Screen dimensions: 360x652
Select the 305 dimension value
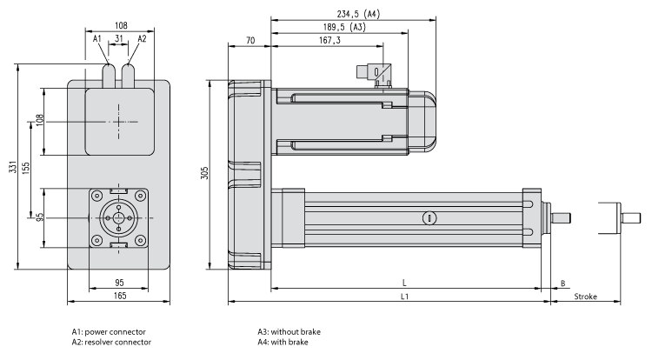[205, 174]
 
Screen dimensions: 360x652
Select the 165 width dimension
[120, 297]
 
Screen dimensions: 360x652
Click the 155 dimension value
[28, 169]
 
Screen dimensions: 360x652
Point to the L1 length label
[405, 297]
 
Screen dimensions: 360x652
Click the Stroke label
[585, 297]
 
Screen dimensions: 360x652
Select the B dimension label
[563, 283]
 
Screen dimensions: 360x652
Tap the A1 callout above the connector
[98, 39]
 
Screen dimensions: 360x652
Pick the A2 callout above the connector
[142, 39]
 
